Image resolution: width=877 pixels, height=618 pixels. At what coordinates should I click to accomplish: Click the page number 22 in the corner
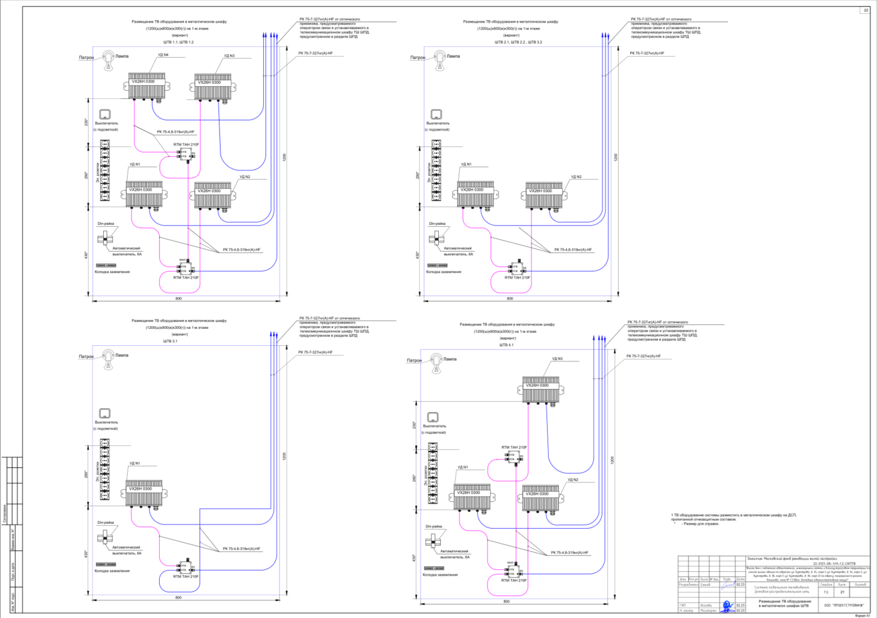(865, 10)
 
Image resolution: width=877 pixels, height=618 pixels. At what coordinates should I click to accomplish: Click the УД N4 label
(163, 55)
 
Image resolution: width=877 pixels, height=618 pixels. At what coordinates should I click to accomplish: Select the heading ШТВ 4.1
(506, 345)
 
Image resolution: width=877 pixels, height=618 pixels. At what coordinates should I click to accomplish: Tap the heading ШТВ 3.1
(170, 342)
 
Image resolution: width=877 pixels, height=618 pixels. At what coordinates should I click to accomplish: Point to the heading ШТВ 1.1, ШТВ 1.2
(178, 43)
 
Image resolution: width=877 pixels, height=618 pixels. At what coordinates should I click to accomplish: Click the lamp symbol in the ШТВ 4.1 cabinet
(436, 362)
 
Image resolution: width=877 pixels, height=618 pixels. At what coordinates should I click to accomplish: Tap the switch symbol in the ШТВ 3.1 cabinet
(105, 413)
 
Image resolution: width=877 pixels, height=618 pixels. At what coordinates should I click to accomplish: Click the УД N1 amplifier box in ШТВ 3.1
(144, 493)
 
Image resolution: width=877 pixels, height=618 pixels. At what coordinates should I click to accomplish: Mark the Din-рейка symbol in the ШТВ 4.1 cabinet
(433, 541)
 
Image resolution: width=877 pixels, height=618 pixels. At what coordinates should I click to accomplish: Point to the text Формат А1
(862, 615)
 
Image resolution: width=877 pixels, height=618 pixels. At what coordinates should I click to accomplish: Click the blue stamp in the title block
(727, 606)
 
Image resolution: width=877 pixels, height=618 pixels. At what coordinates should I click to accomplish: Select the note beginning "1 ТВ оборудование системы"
(734, 517)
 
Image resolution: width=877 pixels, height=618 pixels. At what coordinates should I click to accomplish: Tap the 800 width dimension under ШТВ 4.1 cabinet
(506, 602)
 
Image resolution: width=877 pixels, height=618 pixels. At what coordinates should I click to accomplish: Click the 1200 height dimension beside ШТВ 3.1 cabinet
(284, 456)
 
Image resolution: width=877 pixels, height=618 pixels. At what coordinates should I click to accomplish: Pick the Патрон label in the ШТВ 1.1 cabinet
(86, 58)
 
